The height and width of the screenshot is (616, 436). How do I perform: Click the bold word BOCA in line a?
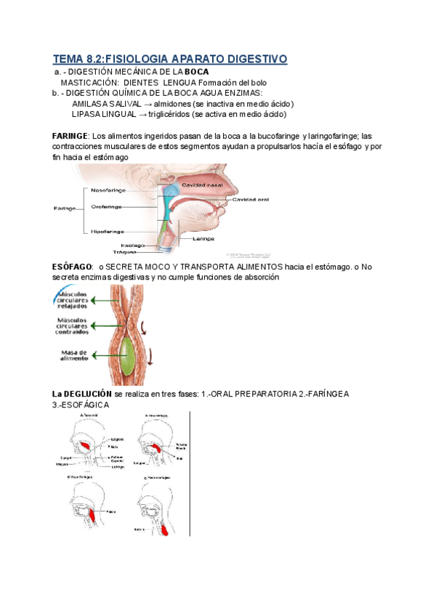[x=196, y=72]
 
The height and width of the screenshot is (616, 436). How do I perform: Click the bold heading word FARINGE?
[x=70, y=136]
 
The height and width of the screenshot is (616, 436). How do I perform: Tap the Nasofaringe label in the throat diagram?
[x=110, y=190]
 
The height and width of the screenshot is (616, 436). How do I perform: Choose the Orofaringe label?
[x=108, y=207]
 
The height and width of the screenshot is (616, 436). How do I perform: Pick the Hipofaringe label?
[x=110, y=232]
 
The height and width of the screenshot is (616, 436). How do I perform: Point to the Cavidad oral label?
[x=251, y=199]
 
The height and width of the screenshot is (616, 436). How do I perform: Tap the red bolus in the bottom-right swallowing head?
[x=166, y=530]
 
